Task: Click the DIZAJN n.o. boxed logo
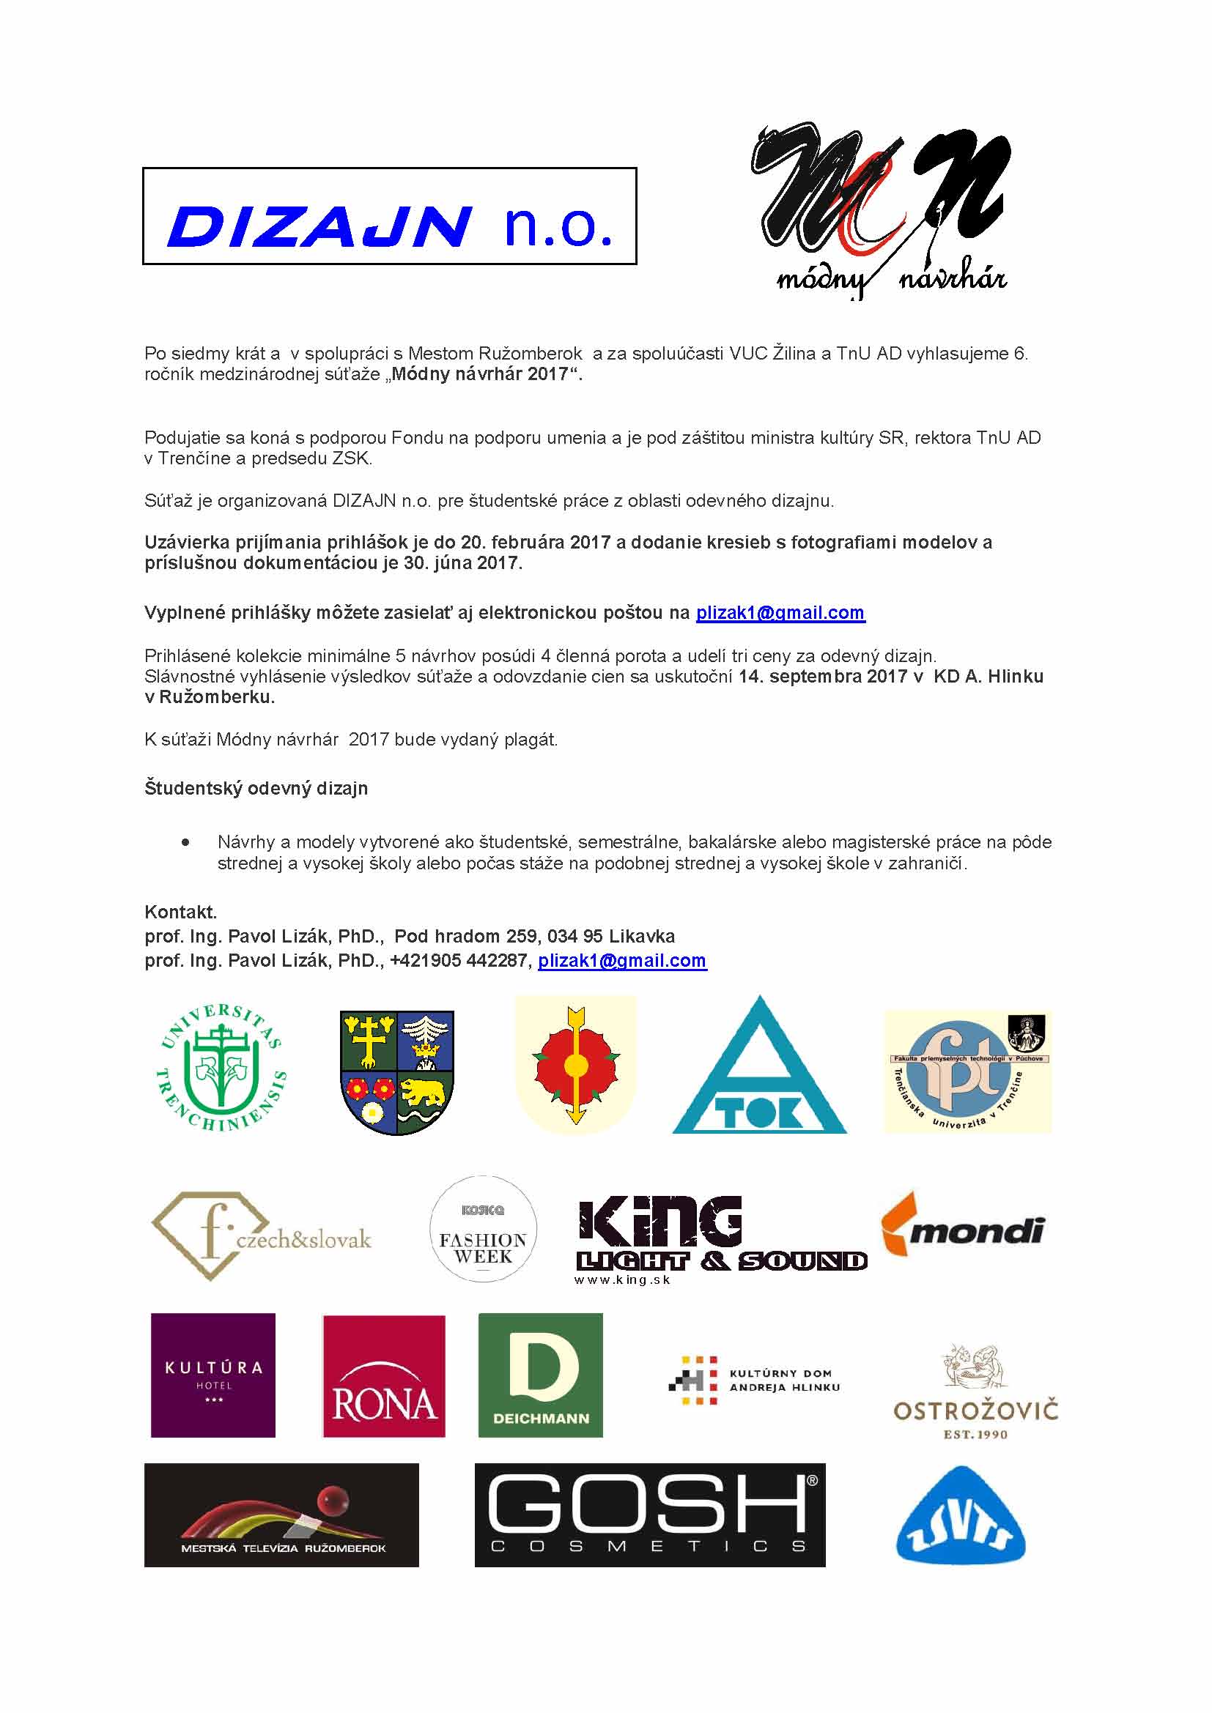coord(389,215)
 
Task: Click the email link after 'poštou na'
coord(780,613)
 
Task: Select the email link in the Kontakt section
coord(621,961)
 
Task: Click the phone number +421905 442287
coord(458,961)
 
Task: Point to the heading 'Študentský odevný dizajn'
coord(256,789)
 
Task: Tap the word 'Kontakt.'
coord(180,913)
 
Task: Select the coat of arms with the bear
coord(397,1072)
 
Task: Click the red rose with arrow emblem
coord(575,1065)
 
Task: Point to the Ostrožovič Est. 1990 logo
coord(975,1392)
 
